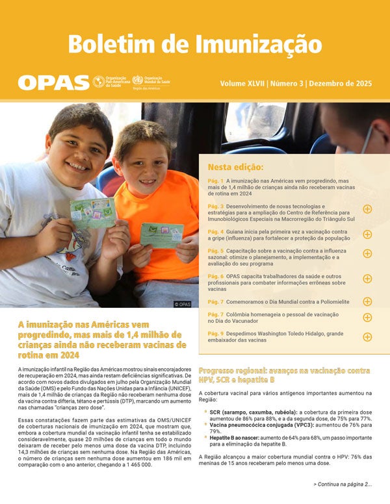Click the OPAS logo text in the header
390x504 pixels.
53,82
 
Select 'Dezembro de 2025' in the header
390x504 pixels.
341,84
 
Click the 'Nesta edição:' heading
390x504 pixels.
235,166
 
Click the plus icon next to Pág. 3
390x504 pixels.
367,209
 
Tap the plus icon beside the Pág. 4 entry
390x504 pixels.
367,234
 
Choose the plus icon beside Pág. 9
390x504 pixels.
367,336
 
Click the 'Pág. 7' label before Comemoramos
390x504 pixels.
216,302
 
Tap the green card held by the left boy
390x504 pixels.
93,212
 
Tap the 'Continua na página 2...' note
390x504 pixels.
342,485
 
